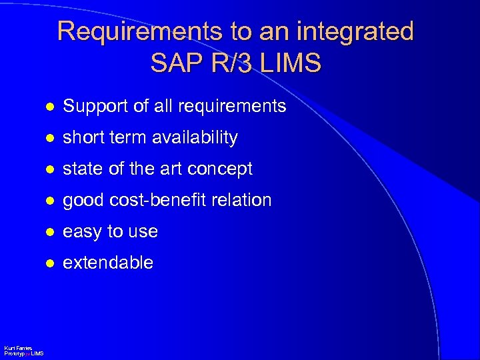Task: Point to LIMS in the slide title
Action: pyautogui.click(x=293, y=63)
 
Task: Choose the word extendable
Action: pyautogui.click(x=107, y=263)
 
